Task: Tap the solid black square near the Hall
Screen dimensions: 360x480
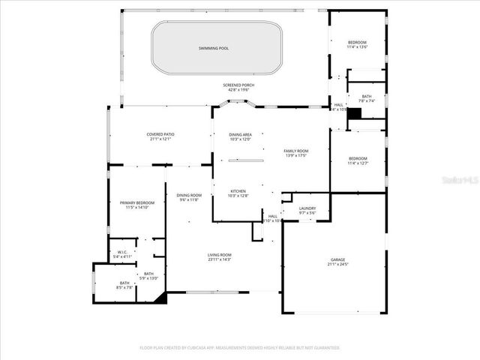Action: click(355, 113)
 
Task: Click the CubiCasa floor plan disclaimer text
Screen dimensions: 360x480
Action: click(239, 348)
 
